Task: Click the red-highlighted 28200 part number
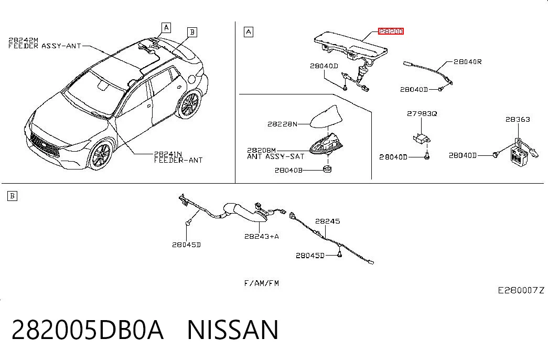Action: (391, 31)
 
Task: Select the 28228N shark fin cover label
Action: (282, 124)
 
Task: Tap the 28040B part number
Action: (288, 171)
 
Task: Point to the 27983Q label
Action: (422, 114)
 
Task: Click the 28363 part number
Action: (518, 119)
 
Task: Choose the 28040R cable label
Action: (468, 62)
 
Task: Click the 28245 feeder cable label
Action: (327, 221)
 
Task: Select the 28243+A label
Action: (262, 237)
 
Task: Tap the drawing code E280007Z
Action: (521, 290)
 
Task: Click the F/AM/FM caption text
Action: (262, 283)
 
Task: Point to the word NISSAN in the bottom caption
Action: (233, 330)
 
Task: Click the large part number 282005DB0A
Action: (88, 330)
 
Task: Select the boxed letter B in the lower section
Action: (12, 196)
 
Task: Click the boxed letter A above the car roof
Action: (166, 28)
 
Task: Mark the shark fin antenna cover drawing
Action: (324, 117)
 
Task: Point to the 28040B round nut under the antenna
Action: (327, 169)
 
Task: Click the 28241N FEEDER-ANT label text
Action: (178, 157)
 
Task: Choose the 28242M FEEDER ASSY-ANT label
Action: (45, 43)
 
